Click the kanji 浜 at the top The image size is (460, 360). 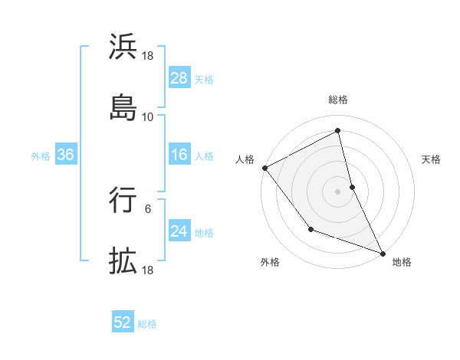(x=123, y=47)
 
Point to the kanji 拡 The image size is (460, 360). (x=123, y=260)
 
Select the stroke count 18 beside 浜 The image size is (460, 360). (x=148, y=56)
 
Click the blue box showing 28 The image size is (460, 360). (x=179, y=78)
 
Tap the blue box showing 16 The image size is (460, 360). (x=179, y=155)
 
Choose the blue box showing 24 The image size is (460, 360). (x=179, y=231)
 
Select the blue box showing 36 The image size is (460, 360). (x=66, y=155)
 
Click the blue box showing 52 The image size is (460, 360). (x=123, y=323)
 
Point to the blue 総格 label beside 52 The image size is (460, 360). (x=147, y=324)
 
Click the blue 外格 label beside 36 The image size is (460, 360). (x=41, y=155)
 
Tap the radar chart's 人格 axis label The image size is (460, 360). (x=245, y=159)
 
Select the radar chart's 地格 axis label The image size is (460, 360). (x=402, y=262)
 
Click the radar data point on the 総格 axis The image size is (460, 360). (x=338, y=130)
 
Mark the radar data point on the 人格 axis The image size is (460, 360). (x=264, y=168)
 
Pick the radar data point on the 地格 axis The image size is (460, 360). (x=383, y=252)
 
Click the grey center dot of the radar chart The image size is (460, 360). (x=338, y=191)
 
